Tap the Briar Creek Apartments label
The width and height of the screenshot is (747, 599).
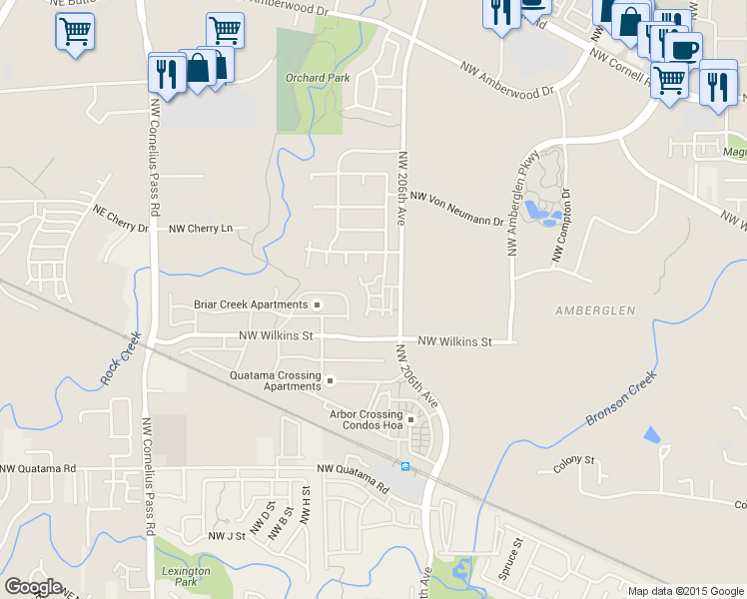251,304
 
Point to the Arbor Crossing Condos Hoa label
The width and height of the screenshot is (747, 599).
365,419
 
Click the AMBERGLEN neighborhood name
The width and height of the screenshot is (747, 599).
595,311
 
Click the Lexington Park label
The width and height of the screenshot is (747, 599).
186,576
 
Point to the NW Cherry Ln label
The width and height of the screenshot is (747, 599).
201,229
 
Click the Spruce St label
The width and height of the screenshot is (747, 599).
510,559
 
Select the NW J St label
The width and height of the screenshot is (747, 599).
227,537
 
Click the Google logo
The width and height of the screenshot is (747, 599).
33,587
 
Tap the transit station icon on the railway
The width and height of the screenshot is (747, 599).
405,467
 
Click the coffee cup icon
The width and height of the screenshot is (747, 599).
684,48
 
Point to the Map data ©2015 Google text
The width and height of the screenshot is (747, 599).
685,591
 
